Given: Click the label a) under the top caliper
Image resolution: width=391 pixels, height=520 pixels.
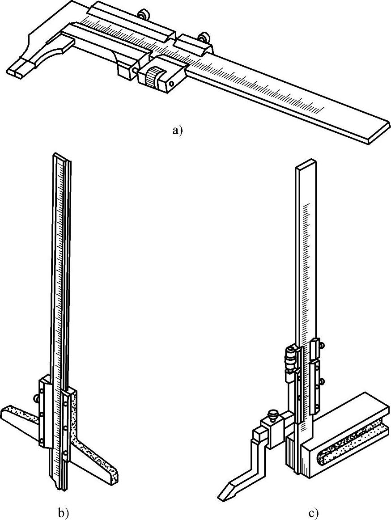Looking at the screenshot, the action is click(178, 131).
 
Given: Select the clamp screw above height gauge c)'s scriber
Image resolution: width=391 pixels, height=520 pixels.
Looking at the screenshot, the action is click(272, 413).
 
